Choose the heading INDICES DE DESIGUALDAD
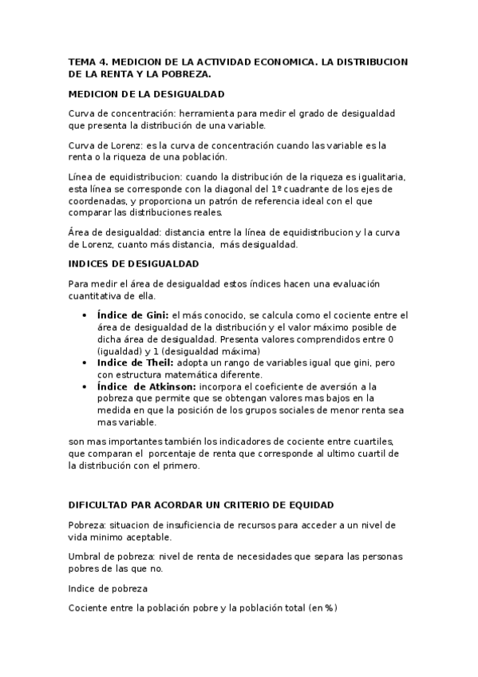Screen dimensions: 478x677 pyautogui.click(x=134, y=263)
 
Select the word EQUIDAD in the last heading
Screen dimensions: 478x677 pyautogui.click(x=310, y=505)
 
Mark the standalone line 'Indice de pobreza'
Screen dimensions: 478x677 pyautogui.click(x=108, y=588)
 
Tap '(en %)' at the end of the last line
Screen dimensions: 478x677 pyautogui.click(x=323, y=608)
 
